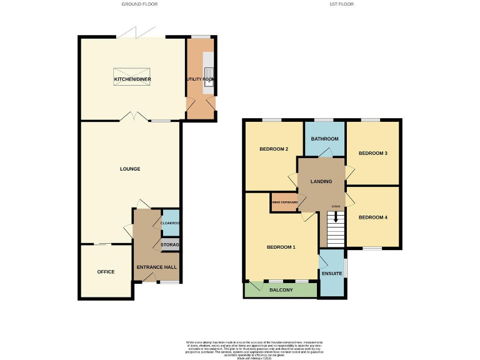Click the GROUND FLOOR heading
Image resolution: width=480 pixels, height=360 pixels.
(139, 4)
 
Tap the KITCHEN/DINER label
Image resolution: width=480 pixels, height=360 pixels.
(132, 79)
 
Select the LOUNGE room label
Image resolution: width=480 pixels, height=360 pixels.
(130, 169)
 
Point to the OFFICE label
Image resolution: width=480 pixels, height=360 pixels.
(106, 272)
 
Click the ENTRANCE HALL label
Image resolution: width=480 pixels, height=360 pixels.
(156, 267)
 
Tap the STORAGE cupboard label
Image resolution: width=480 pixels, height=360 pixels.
(170, 244)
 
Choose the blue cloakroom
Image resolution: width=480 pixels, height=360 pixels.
(170, 223)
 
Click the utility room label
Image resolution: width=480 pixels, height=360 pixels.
(200, 79)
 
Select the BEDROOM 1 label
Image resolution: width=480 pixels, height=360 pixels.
(281, 247)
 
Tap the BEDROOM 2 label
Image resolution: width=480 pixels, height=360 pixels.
(273, 149)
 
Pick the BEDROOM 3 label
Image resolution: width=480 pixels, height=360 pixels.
(373, 153)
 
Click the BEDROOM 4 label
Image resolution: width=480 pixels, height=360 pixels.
(373, 217)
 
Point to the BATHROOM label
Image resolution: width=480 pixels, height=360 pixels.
(325, 139)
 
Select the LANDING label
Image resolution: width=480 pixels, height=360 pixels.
(321, 182)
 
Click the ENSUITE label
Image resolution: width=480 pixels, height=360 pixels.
(331, 274)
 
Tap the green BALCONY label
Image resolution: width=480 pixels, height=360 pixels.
(281, 290)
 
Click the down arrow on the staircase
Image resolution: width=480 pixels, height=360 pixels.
(336, 217)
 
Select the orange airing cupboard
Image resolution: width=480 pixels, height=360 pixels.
(284, 202)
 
